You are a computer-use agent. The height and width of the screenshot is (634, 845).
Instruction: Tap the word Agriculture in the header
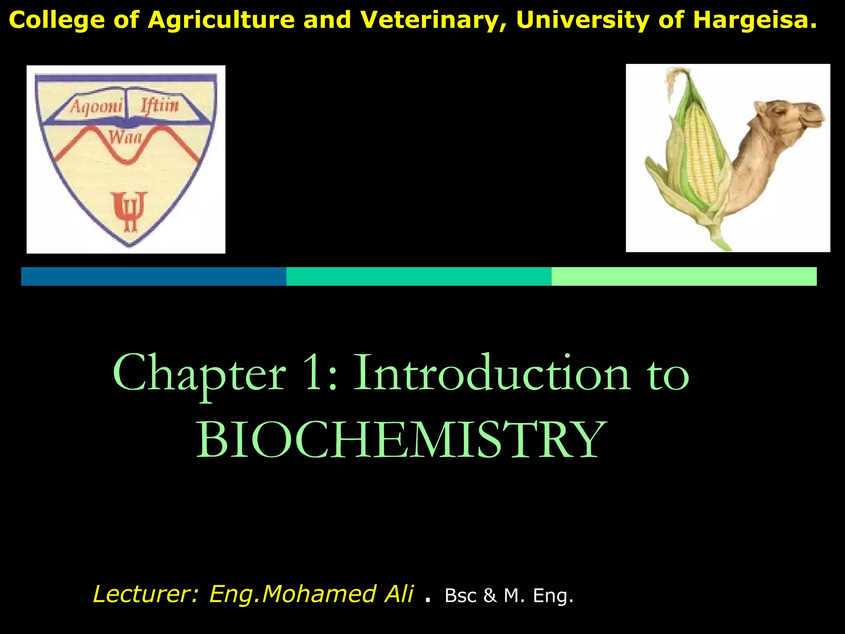(221, 20)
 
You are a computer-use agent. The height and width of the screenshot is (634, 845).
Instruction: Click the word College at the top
(57, 20)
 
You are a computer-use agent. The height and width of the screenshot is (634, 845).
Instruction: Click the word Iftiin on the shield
(160, 105)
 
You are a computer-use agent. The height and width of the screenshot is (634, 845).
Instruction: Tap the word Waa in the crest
(125, 137)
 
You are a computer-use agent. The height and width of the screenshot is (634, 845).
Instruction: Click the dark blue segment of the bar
(153, 276)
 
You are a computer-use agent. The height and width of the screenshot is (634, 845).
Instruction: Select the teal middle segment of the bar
(419, 276)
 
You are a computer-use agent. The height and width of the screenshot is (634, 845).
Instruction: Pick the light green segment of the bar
(684, 276)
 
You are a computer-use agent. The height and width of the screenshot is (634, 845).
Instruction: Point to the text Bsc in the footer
(460, 596)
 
